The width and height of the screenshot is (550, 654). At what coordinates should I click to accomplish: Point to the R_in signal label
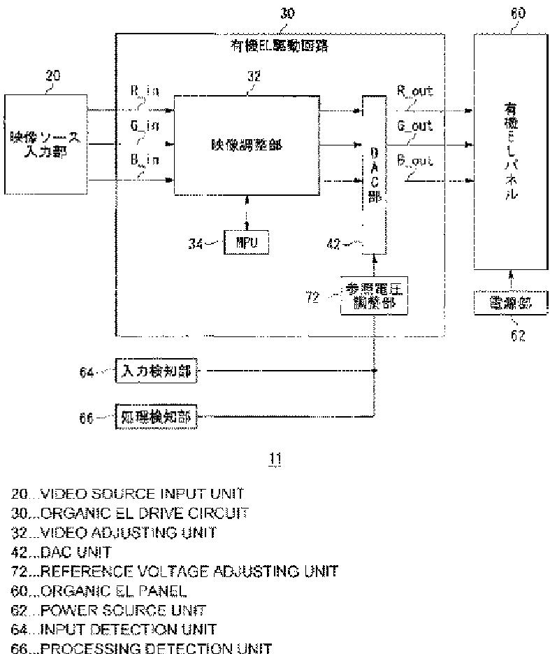pyautogui.click(x=145, y=92)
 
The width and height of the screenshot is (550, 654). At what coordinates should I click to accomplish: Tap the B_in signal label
pyautogui.click(x=145, y=160)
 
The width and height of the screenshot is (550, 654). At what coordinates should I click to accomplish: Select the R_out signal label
pyautogui.click(x=415, y=91)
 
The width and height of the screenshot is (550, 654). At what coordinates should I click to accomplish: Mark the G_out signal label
pyautogui.click(x=415, y=126)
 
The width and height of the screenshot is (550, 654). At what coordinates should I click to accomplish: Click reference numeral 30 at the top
pyautogui.click(x=287, y=13)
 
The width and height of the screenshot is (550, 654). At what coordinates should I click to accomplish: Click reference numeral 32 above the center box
pyautogui.click(x=254, y=77)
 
